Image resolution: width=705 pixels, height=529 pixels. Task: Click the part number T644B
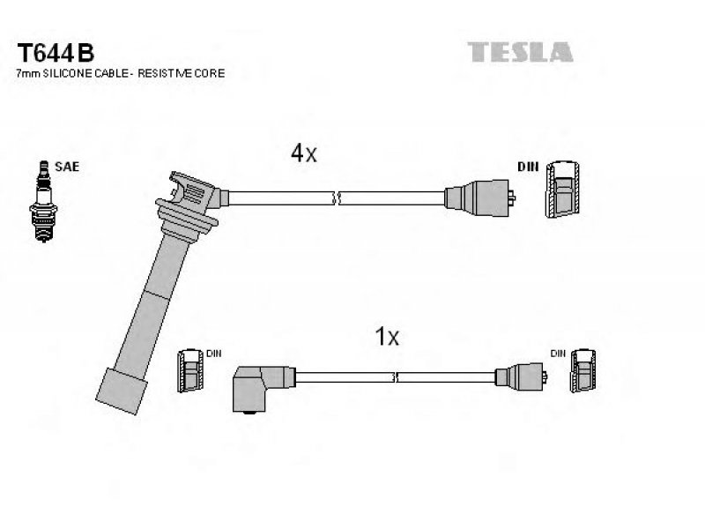(56, 53)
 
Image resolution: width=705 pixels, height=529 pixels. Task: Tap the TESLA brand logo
(520, 52)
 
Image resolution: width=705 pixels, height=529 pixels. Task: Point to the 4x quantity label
(303, 153)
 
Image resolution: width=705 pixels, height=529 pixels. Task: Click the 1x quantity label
(387, 337)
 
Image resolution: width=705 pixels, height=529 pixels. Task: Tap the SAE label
(67, 167)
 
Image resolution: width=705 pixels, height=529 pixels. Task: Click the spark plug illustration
(43, 201)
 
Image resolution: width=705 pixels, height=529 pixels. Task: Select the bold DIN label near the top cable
(528, 167)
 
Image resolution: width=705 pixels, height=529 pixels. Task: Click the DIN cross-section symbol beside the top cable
(562, 190)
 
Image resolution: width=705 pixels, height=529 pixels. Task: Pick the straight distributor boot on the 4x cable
(479, 197)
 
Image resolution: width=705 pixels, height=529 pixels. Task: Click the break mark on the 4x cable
(337, 197)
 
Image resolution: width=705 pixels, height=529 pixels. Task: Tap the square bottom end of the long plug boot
(121, 391)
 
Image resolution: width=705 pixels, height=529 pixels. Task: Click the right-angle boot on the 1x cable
(263, 389)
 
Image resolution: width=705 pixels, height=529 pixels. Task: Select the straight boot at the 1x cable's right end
(521, 377)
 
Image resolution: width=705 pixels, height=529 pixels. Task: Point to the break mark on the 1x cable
(395, 377)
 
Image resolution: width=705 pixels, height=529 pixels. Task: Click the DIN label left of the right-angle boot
(214, 354)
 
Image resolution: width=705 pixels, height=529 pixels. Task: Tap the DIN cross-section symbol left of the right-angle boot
(189, 370)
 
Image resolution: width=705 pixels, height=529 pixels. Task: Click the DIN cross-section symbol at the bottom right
(583, 370)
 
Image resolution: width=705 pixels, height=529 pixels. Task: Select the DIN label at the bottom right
(558, 354)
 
